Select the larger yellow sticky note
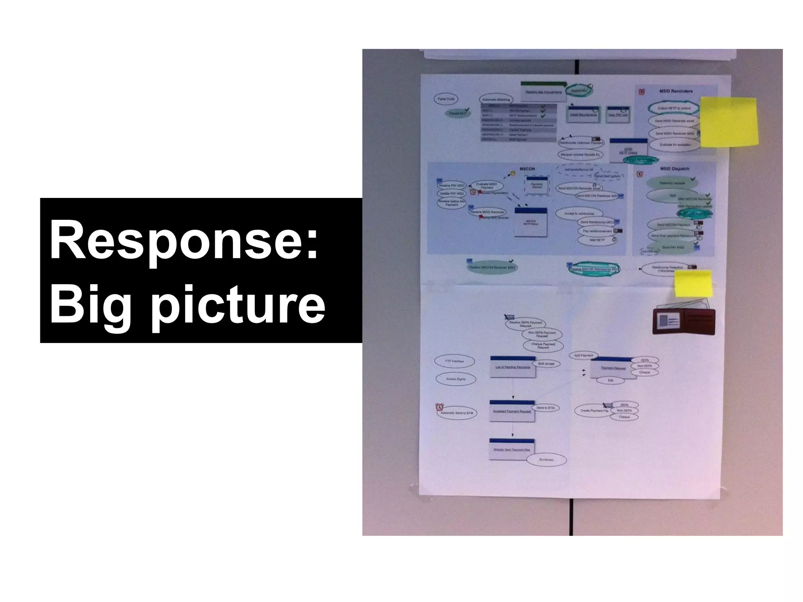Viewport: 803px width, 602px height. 729,122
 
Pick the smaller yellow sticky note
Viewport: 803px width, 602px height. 693,284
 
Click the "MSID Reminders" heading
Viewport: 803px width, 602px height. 676,91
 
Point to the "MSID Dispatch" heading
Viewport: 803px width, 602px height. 674,169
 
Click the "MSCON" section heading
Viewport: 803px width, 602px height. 527,169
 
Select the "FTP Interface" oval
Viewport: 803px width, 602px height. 454,361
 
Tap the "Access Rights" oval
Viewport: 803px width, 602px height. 456,379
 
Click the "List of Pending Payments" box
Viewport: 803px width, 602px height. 512,367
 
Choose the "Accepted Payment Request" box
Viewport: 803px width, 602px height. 512,411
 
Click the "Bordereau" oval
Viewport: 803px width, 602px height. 546,460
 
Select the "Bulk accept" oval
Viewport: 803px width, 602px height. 546,364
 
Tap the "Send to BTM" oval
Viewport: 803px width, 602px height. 545,408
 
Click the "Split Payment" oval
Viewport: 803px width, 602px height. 583,355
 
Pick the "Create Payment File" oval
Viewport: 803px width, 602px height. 594,411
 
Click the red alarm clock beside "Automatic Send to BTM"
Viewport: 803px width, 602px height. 439,408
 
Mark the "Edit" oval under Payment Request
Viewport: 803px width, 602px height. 610,381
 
